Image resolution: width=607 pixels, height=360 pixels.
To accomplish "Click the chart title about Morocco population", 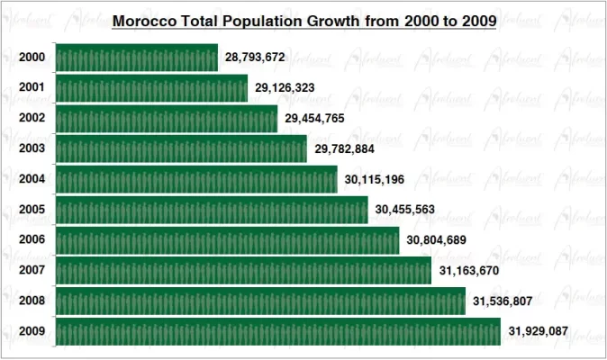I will (x=303, y=20).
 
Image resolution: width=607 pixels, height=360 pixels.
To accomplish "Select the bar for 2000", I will (x=137, y=58).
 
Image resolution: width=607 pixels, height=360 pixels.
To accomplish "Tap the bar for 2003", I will (x=181, y=149).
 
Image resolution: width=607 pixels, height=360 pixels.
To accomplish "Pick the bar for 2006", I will (x=227, y=240).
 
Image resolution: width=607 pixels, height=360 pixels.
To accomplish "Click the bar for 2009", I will (x=278, y=332).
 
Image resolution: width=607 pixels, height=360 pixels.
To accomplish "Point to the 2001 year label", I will (x=32, y=88).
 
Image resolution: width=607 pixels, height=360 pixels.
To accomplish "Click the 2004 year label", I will (x=32, y=179).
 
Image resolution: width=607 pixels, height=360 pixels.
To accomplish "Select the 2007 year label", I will (x=32, y=271).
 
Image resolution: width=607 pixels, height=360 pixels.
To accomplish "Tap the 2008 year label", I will (x=32, y=301).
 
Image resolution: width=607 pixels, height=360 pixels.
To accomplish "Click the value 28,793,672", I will (x=255, y=58).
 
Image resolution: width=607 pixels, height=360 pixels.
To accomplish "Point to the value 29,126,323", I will (x=285, y=88).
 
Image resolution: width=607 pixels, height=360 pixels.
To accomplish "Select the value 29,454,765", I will (x=314, y=119).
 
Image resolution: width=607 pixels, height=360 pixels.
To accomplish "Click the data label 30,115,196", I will (x=375, y=180).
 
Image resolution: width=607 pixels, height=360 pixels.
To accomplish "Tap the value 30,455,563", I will (x=405, y=211).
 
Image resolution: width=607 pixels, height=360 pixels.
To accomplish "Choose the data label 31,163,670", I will (x=468, y=271).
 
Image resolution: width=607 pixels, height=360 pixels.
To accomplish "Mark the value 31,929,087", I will (x=538, y=332).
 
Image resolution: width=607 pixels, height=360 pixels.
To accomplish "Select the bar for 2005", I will (x=212, y=210).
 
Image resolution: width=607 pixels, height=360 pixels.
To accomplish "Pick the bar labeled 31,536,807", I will (x=260, y=301).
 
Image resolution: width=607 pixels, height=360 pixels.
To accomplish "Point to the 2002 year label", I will (x=32, y=119).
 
